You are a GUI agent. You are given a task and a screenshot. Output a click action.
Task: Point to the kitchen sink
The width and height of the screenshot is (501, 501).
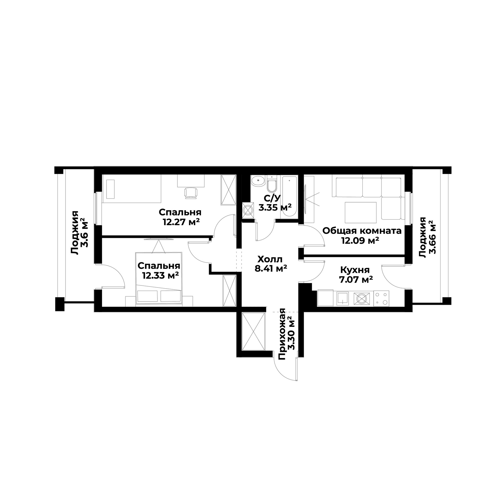pos(343,299)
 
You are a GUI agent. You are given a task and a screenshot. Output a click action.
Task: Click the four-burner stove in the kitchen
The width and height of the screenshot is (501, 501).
pos(381,298)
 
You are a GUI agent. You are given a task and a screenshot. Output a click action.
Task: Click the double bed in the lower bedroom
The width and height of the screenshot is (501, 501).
pos(158,278)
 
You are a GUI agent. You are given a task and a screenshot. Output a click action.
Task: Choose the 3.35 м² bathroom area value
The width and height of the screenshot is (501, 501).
pos(275,208)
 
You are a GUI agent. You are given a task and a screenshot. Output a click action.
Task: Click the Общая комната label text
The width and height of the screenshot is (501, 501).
pos(362,231)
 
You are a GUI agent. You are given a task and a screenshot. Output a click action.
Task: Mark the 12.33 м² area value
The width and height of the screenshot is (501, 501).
pos(160,275)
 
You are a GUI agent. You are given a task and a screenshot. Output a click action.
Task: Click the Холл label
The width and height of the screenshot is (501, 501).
pos(270,259)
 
